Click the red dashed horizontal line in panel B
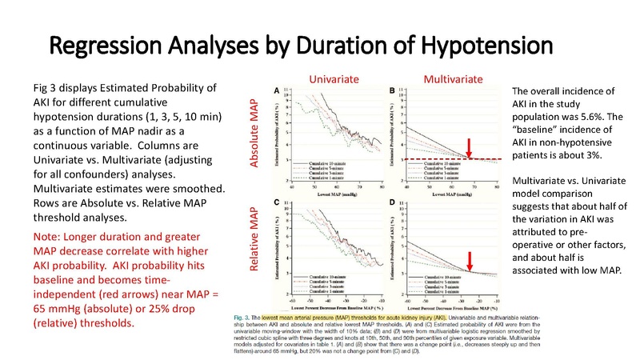(x=448, y=160)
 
